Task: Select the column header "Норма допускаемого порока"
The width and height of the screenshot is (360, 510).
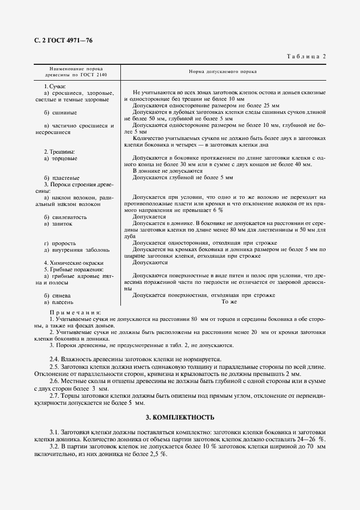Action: click(x=223, y=71)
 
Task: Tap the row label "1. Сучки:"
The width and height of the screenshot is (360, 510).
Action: click(x=54, y=87)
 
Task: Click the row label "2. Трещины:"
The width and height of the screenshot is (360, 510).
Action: click(x=59, y=151)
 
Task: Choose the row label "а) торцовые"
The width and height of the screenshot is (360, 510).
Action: click(x=60, y=158)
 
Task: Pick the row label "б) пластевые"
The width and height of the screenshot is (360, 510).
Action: click(x=62, y=178)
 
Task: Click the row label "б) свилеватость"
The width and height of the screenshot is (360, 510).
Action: click(x=65, y=216)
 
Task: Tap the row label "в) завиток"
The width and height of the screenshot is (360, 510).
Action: click(x=59, y=223)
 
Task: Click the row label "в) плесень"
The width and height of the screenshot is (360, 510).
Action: click(x=59, y=301)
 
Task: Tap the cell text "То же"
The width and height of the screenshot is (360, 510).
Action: click(x=229, y=301)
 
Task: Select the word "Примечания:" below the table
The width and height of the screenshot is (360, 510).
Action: click(x=74, y=312)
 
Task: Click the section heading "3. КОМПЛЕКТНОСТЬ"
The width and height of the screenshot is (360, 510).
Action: click(x=180, y=417)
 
